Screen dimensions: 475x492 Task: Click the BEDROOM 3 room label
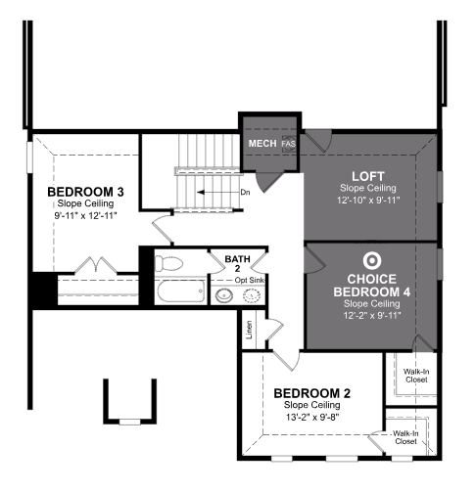click(x=85, y=192)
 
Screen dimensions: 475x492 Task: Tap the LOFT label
click(x=368, y=176)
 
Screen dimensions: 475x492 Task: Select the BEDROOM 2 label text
click(x=311, y=393)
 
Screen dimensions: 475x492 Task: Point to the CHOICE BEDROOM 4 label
click(x=372, y=286)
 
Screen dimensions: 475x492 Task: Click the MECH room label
click(x=262, y=144)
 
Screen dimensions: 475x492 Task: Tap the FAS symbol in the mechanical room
click(x=289, y=144)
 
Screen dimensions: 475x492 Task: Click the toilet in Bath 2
click(x=168, y=263)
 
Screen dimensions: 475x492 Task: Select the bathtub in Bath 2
click(x=181, y=291)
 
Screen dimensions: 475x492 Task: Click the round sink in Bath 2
click(x=224, y=295)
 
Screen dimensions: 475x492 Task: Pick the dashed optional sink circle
click(x=252, y=295)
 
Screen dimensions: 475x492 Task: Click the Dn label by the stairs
click(x=245, y=193)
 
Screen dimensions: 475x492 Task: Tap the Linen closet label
click(x=249, y=330)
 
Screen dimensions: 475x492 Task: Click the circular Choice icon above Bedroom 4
click(x=372, y=260)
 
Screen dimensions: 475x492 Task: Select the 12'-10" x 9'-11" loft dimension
click(x=368, y=200)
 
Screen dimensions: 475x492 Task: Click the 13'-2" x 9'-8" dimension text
click(x=312, y=417)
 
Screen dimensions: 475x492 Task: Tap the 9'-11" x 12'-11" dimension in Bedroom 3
click(x=85, y=215)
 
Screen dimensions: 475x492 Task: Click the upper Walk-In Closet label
click(x=416, y=376)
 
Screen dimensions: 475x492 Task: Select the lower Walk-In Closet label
click(x=405, y=437)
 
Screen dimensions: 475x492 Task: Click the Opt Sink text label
click(x=250, y=280)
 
